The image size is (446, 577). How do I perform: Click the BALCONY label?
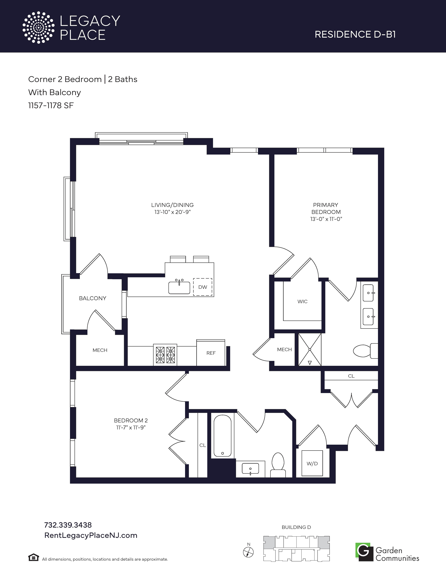coord(93,298)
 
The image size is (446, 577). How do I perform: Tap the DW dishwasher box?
coord(203,287)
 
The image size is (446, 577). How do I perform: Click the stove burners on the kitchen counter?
coord(165,355)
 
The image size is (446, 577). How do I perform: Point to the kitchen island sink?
coord(179,287)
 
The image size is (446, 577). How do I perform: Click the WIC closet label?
coord(303,301)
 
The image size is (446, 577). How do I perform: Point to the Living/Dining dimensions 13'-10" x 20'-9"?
coord(172,212)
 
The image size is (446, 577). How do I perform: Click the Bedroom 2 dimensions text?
coord(131,428)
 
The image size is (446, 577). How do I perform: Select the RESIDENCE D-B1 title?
coord(355,34)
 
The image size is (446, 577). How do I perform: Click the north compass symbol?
coord(248,552)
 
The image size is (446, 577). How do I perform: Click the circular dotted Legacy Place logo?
coord(38,27)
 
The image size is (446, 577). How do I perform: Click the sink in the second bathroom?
coord(250,469)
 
